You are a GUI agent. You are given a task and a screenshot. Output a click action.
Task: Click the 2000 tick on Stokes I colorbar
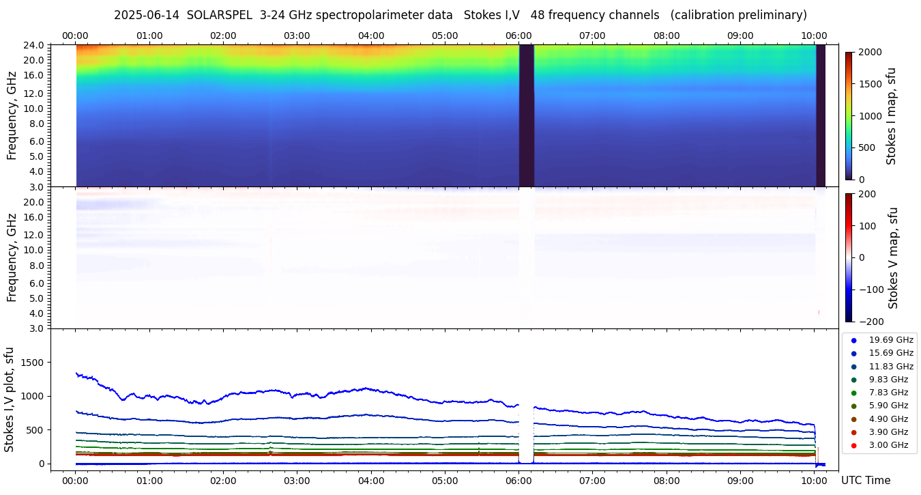coord(869,52)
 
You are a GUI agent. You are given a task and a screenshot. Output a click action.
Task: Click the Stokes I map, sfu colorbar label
coord(891,116)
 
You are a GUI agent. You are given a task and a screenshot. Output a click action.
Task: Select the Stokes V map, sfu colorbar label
coord(893,257)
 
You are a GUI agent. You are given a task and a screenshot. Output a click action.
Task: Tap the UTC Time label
coord(865,481)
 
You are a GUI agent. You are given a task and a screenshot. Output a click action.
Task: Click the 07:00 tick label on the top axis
coord(592,36)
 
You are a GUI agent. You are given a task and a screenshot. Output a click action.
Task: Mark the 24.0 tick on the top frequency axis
coord(35,45)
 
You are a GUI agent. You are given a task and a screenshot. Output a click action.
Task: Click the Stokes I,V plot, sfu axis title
coord(10,399)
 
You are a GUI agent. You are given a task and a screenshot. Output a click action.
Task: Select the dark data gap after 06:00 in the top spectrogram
coord(526,115)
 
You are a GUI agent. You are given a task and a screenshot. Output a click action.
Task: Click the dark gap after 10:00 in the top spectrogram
coord(821,115)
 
